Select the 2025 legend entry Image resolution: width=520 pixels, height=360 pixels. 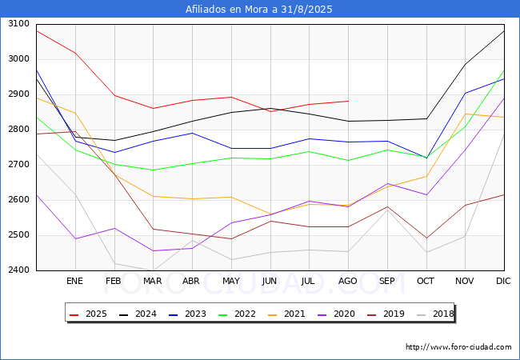[x=88, y=314]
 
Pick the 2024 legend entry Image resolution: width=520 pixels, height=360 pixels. [x=138, y=314]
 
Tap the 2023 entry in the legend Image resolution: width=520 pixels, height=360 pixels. [x=187, y=314]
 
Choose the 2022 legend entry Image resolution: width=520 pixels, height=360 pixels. [x=237, y=314]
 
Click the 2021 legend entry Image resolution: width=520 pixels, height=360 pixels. [x=286, y=314]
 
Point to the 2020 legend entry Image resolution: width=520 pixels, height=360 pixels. [x=336, y=314]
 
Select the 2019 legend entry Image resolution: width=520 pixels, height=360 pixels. [x=386, y=314]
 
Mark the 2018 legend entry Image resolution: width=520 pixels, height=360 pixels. [x=435, y=314]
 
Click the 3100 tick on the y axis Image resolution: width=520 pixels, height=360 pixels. [x=18, y=24]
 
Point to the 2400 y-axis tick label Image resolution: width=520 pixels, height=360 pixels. [x=18, y=270]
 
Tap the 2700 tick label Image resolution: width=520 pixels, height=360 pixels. [x=18, y=165]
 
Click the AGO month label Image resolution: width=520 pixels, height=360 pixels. [x=347, y=281]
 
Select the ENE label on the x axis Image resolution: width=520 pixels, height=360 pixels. [x=75, y=281]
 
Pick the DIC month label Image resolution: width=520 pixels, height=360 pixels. [x=503, y=281]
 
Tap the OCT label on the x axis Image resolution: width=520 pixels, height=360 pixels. [x=426, y=281]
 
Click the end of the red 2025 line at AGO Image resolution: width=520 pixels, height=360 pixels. [x=348, y=101]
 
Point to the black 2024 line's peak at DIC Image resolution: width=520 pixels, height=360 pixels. [x=504, y=31]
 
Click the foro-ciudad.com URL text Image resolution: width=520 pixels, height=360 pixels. [x=458, y=347]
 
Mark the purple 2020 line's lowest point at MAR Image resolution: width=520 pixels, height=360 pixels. [x=154, y=250]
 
